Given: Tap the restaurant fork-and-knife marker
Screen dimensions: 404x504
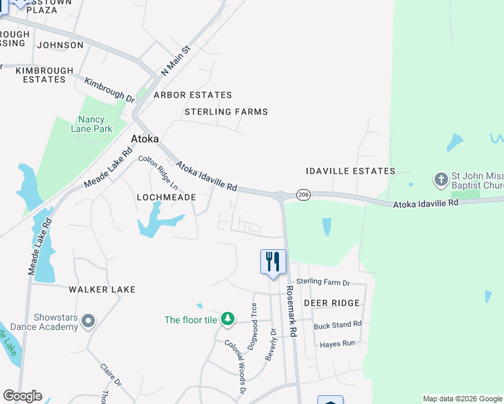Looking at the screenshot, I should [x=273, y=261].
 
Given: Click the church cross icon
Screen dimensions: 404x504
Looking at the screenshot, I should [x=441, y=180].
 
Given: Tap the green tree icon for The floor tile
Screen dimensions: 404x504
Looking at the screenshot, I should [x=228, y=319].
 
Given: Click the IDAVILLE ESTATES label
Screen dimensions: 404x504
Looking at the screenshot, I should [x=350, y=171].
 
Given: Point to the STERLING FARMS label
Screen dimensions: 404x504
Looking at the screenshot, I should [x=226, y=112].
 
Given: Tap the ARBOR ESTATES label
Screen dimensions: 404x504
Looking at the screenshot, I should [x=193, y=95].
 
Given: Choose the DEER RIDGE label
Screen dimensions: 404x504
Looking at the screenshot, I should [x=332, y=303].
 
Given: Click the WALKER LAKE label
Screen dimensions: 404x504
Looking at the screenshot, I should [x=102, y=290].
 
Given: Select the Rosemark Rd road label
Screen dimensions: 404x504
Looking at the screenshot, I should [x=291, y=310].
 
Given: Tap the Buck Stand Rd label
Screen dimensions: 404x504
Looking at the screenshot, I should [x=338, y=325].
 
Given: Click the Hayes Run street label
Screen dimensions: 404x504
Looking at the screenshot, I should [x=338, y=343].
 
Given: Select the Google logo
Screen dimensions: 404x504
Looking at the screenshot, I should [x=22, y=396].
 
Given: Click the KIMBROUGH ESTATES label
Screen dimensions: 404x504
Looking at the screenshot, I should [x=44, y=75].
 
